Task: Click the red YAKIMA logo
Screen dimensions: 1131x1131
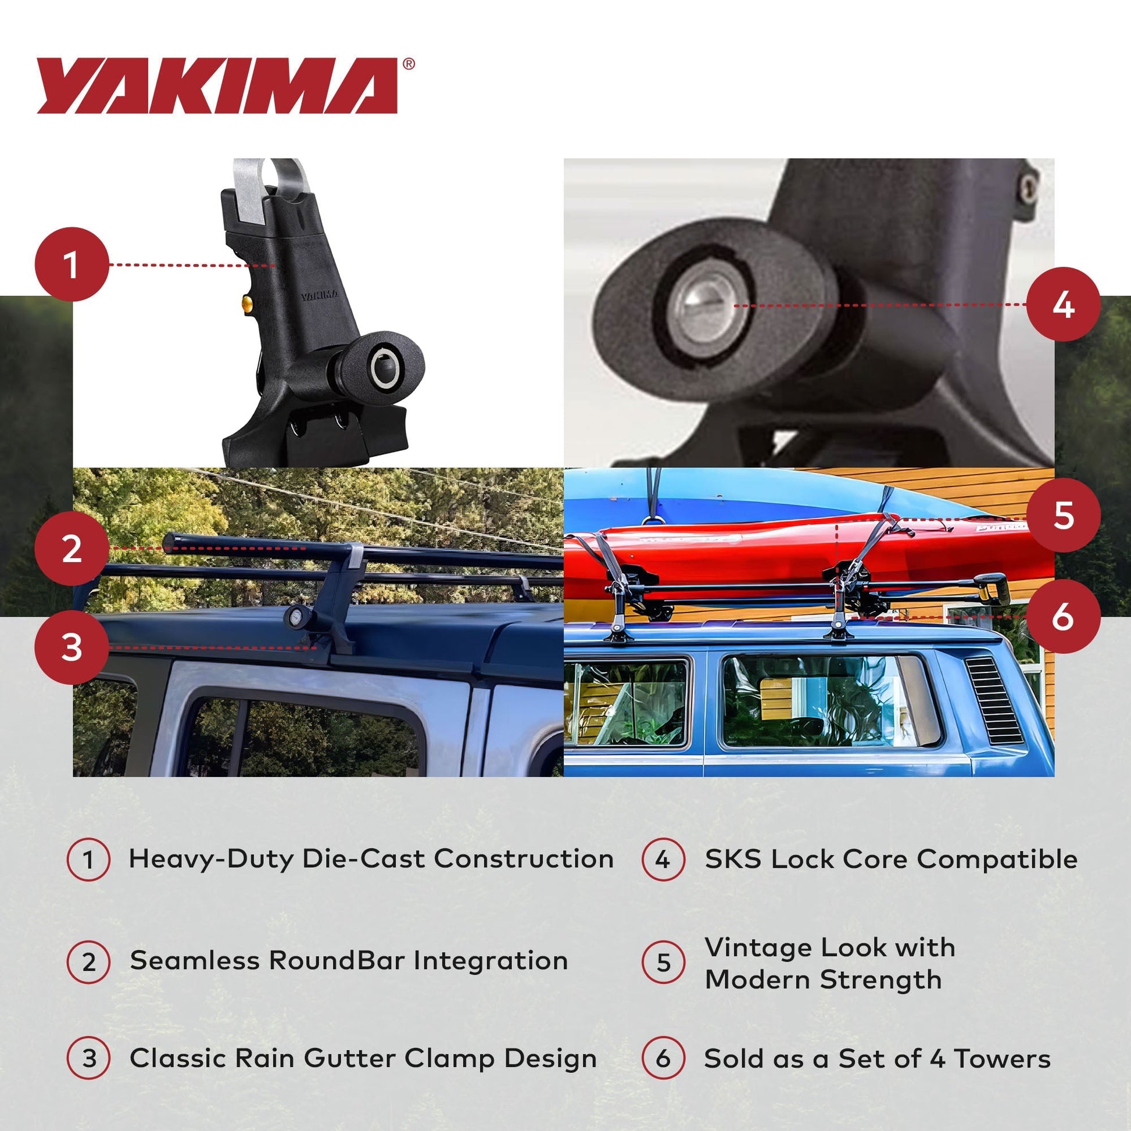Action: click(x=218, y=85)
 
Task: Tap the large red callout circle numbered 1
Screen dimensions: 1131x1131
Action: click(x=72, y=264)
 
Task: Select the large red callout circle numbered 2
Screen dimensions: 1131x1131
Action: click(x=72, y=549)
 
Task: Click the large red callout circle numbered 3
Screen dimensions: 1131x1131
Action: click(x=72, y=647)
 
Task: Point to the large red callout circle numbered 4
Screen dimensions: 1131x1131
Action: click(x=1063, y=305)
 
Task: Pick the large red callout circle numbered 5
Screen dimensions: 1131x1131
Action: click(x=1063, y=515)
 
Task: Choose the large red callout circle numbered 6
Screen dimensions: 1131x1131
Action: click(x=1063, y=617)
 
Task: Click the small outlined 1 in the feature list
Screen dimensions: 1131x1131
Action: click(x=88, y=860)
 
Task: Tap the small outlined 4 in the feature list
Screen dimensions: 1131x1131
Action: click(x=663, y=860)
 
